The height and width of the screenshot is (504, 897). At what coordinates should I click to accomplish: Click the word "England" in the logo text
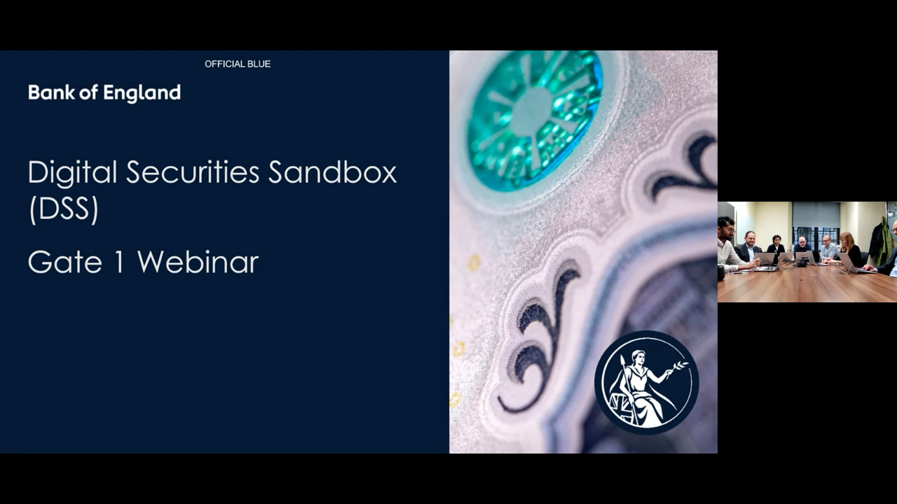click(142, 93)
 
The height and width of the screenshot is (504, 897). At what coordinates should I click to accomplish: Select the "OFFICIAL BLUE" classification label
click(238, 64)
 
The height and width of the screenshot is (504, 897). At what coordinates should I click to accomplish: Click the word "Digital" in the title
click(72, 174)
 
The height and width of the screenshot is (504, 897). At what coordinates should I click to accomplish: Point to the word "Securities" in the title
click(193, 172)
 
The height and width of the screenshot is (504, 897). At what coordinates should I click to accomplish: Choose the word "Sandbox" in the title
click(332, 172)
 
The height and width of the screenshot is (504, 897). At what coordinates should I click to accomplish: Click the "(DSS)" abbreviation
click(64, 209)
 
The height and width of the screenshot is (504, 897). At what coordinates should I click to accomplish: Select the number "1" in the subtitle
click(119, 262)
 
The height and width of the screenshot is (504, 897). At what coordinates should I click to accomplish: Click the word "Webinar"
click(198, 262)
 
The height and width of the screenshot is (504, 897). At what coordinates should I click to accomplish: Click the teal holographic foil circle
click(535, 120)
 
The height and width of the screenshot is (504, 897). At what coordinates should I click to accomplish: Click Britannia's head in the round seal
click(638, 357)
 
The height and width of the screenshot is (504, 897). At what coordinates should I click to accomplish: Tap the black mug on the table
click(721, 272)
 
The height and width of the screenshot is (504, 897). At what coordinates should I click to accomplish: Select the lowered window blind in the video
click(816, 215)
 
